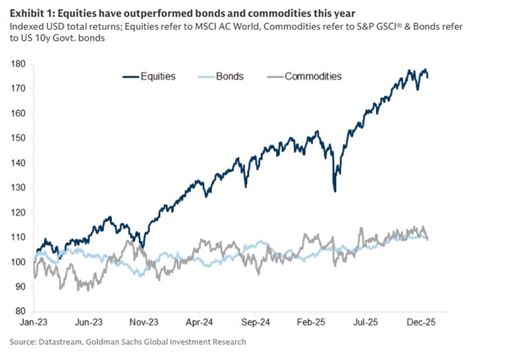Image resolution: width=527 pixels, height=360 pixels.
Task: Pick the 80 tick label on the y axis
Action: click(x=20, y=311)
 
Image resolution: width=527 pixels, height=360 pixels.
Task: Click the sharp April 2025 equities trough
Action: click(x=335, y=190)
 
